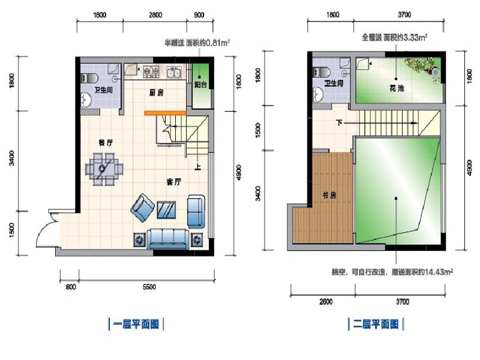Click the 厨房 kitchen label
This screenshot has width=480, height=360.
[157, 92]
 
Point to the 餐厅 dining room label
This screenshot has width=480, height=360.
[106, 142]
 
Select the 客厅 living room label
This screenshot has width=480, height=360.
[174, 181]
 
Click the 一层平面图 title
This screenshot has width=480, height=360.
[136, 325]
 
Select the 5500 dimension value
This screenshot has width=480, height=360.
[149, 287]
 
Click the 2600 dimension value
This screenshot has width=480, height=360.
[326, 301]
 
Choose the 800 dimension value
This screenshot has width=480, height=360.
[70, 287]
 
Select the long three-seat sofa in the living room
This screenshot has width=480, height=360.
[169, 239]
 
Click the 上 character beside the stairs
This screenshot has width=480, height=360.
[197, 166]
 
